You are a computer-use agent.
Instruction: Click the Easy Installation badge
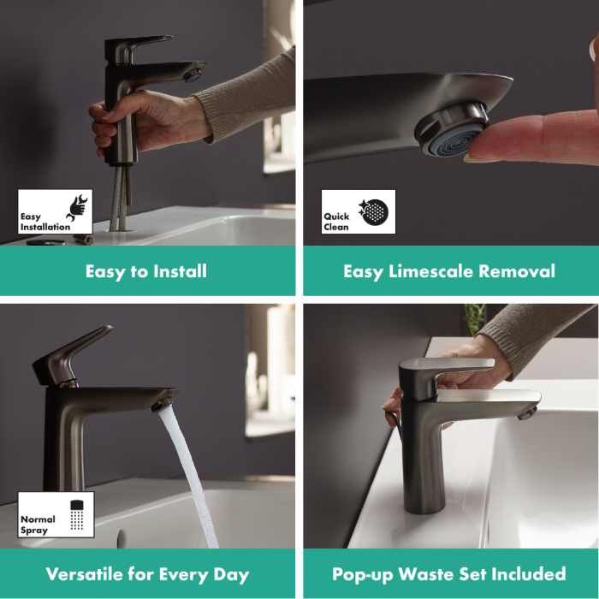pos(55,211)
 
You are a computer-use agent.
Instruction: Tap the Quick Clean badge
pos(359,211)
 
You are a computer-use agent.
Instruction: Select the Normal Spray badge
pos(56,514)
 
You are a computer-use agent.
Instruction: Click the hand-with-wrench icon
pos(77,208)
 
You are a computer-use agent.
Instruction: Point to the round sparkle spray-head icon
pos(374,212)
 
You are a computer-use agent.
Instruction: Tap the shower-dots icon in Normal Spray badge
pos(77,515)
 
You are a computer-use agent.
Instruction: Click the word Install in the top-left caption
pos(180,271)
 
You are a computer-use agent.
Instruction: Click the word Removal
pos(517,271)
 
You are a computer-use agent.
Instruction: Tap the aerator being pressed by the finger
pos(451,130)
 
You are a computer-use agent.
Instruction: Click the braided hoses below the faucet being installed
pos(122,198)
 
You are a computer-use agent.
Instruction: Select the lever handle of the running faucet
pos(73,355)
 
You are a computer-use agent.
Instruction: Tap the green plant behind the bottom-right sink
pos(474,318)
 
